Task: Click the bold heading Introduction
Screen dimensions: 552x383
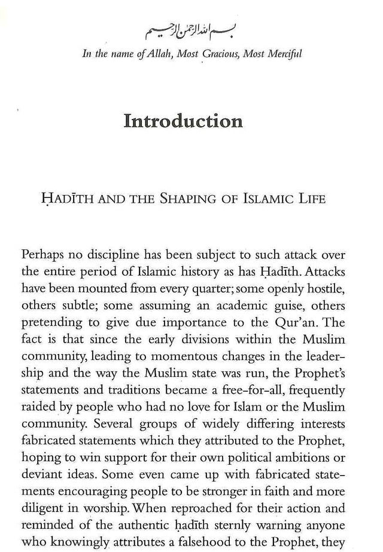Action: pyautogui.click(x=183, y=121)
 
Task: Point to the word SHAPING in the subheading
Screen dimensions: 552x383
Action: pyautogui.click(x=191, y=199)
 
